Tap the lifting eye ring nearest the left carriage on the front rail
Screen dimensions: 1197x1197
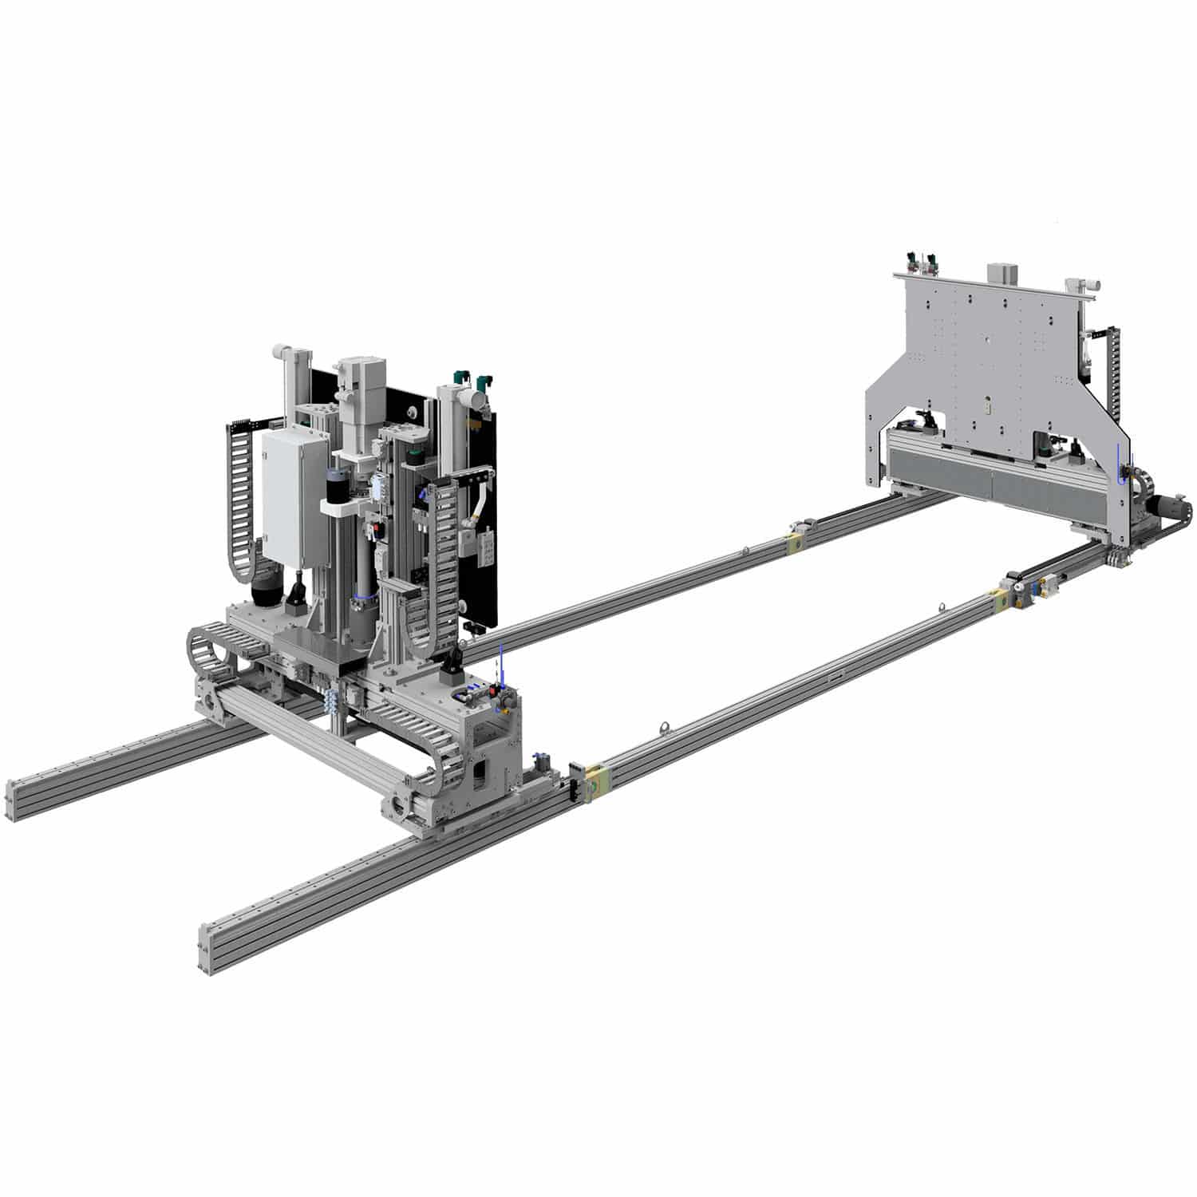click(x=662, y=727)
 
